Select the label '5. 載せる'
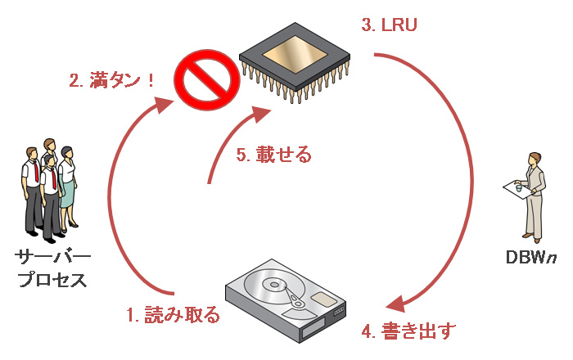click(273, 153)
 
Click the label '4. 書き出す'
click(408, 331)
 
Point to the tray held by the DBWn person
click(515, 189)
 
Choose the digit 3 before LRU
click(365, 25)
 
